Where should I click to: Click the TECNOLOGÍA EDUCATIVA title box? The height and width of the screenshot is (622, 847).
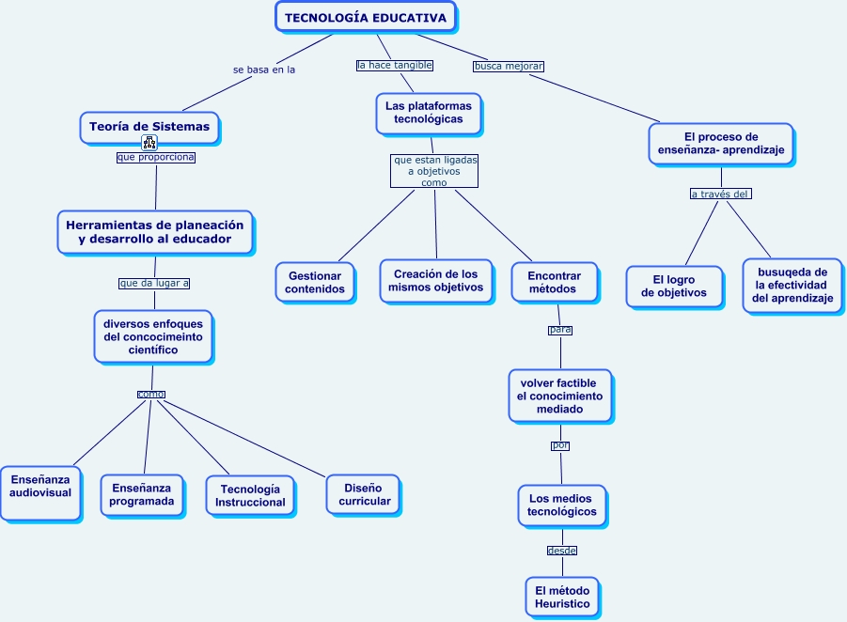click(366, 17)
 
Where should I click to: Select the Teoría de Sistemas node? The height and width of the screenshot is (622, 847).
click(149, 127)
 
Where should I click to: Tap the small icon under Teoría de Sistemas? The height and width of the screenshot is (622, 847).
click(149, 143)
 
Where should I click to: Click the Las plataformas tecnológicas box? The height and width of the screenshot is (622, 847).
click(429, 113)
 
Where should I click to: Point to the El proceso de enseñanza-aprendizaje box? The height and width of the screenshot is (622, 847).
click(721, 143)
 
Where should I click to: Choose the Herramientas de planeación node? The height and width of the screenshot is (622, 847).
click(155, 231)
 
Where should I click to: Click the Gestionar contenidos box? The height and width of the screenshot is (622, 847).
click(316, 282)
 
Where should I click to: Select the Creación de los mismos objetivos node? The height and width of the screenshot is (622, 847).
click(435, 280)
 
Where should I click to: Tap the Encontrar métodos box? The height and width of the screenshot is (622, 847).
click(554, 282)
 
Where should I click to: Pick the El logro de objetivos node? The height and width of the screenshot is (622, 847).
click(674, 286)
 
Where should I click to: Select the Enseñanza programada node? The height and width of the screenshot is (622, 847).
click(142, 494)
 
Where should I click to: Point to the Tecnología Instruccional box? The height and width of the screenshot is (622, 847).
click(250, 495)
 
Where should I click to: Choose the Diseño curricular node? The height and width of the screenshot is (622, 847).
click(364, 494)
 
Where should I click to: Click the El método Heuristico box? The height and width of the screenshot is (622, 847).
click(562, 597)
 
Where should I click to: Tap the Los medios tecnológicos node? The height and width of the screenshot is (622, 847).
click(562, 505)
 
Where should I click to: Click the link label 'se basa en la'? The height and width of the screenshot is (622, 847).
click(264, 70)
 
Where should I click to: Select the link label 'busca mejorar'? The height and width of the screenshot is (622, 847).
click(509, 66)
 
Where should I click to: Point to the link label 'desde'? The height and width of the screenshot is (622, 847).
click(562, 551)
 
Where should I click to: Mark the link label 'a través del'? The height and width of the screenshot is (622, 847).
click(720, 194)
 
